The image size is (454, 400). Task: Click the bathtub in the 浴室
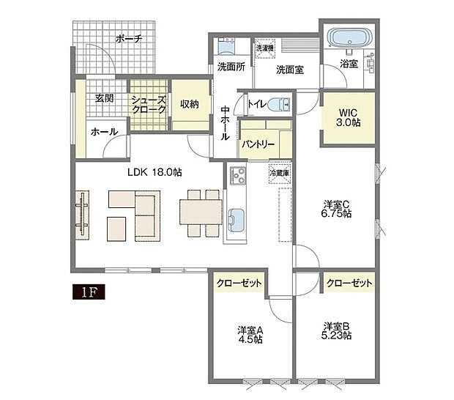(349, 37)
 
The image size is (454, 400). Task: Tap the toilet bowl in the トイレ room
(279, 104)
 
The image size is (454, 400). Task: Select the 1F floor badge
(89, 292)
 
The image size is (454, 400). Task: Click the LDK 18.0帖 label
(155, 172)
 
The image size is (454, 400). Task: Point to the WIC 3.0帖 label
(349, 118)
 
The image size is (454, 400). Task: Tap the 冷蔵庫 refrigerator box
(280, 173)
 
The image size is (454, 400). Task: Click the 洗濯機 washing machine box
(264, 48)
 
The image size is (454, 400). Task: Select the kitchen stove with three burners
(238, 176)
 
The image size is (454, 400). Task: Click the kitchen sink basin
(236, 221)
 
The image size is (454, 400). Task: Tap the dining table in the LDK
(201, 212)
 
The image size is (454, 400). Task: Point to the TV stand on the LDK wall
(82, 215)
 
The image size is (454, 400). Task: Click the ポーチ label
(129, 39)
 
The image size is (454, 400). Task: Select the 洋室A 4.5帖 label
(250, 334)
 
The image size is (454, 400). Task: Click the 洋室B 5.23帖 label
(336, 331)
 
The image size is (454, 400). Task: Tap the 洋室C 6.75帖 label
(336, 209)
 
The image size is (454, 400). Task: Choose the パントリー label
(258, 144)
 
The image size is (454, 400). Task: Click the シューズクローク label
(149, 105)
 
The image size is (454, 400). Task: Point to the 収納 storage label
(190, 104)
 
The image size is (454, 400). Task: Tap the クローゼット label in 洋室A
(239, 283)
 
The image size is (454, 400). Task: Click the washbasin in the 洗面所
(227, 47)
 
